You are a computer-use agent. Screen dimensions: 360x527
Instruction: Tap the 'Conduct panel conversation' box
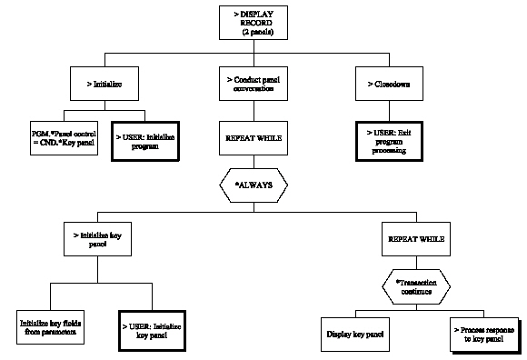[255, 85]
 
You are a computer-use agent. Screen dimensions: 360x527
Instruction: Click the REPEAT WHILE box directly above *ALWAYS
[255, 142]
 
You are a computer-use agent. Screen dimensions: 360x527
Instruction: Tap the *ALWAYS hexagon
[255, 185]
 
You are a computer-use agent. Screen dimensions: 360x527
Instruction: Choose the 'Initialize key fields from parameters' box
[52, 327]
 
